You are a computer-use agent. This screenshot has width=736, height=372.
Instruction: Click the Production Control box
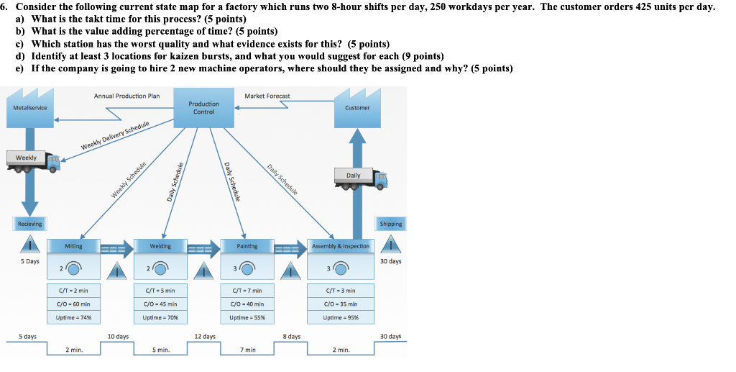point(203,108)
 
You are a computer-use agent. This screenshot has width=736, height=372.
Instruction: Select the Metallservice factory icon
point(30,106)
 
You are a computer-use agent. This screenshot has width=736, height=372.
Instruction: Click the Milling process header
point(73,246)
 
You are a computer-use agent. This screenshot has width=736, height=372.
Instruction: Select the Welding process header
point(160,246)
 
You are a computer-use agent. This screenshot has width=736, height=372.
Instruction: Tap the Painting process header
point(247,246)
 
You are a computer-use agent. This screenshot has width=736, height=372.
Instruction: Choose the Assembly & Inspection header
point(341,246)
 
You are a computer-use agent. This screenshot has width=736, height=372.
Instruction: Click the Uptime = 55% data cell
point(247,317)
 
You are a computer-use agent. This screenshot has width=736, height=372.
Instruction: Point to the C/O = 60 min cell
point(73,304)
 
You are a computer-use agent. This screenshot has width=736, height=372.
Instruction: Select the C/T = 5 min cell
point(160,290)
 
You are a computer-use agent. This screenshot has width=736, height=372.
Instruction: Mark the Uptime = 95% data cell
point(341,317)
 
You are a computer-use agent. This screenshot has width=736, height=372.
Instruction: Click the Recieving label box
point(29,224)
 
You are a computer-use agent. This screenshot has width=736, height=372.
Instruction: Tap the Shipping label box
point(391,224)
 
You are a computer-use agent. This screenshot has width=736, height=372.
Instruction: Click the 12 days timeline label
point(205,336)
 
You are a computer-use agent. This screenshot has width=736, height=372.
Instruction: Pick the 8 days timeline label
point(291,336)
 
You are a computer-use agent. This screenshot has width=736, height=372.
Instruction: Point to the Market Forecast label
point(267,96)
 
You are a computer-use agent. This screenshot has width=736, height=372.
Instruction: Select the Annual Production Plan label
point(126,96)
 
